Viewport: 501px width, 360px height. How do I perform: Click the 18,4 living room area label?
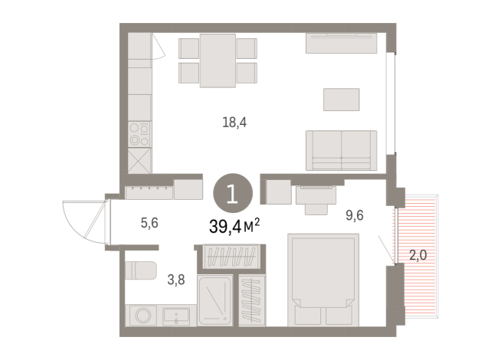[x=234, y=123]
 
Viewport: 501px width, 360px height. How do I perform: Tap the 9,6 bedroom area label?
[x=355, y=215]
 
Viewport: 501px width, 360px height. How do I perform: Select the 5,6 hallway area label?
[x=149, y=223]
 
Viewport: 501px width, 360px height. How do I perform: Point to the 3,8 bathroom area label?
[x=176, y=280]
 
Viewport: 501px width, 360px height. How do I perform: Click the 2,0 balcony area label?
[x=418, y=255]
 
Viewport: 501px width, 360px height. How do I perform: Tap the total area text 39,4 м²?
[x=234, y=227]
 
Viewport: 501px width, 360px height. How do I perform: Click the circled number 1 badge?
[x=233, y=193]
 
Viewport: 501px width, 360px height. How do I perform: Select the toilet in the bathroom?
[x=141, y=270]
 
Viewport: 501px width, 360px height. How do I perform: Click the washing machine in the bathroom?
[x=142, y=316]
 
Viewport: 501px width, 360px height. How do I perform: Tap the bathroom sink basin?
[x=176, y=316]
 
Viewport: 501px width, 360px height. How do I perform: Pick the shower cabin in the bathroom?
[x=214, y=301]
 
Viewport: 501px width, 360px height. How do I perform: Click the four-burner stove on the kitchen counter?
[x=139, y=134]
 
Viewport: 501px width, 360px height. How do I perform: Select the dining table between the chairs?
[x=218, y=61]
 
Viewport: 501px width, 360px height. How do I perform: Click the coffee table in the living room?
[x=341, y=100]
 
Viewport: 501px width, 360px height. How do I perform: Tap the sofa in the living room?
[x=341, y=150]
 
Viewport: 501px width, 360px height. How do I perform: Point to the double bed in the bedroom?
[x=323, y=280]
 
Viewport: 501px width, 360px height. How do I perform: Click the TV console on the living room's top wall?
[x=341, y=43]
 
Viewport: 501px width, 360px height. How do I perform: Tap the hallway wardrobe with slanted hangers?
[x=231, y=256]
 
